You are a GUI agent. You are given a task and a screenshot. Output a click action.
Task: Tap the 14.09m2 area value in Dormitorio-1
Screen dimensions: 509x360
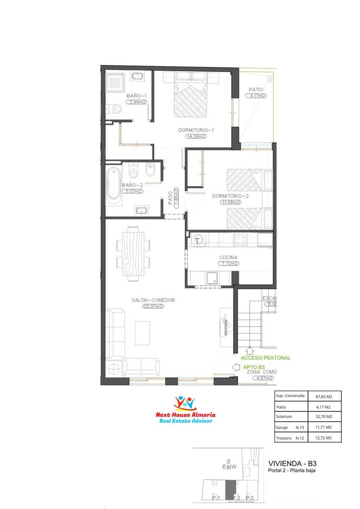[x=196, y=136]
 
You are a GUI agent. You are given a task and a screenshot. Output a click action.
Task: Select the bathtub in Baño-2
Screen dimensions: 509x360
[x=113, y=184]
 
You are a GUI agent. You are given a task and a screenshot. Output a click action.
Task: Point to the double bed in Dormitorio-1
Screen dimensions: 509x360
[x=191, y=100]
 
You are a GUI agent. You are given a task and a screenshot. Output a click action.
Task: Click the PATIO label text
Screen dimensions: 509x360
[x=256, y=89]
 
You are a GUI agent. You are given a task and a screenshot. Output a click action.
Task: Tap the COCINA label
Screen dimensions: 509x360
[x=228, y=257]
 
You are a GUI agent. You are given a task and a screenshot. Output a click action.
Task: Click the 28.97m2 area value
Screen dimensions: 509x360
[x=153, y=306]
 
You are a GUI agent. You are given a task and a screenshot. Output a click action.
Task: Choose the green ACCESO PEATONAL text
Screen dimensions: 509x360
[x=266, y=358]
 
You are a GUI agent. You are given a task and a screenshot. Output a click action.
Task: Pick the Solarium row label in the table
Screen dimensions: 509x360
[x=284, y=417]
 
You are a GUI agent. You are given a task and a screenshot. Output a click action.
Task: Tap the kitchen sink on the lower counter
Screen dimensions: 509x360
[x=211, y=278]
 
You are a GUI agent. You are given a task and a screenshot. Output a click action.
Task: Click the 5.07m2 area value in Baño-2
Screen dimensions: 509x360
[x=132, y=191]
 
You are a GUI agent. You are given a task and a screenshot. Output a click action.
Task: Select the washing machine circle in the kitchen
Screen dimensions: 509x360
[x=197, y=240]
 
